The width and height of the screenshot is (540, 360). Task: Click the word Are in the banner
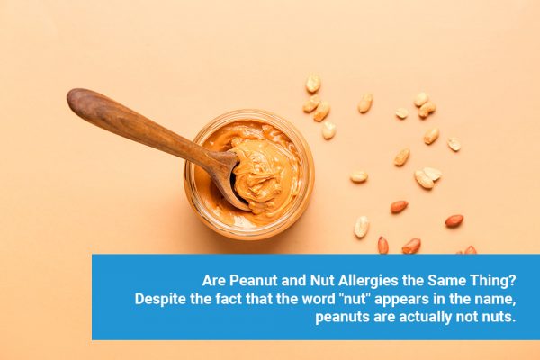tap(209, 279)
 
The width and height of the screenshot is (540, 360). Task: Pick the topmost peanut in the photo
tap(313, 84)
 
